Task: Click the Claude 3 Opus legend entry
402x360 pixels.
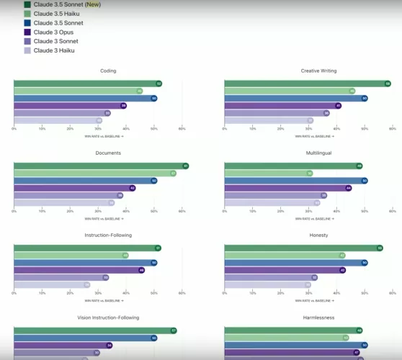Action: [53, 32]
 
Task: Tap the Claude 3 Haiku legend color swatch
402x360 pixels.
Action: [27, 50]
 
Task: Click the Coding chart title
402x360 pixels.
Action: [108, 71]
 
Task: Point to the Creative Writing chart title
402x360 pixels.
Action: [318, 71]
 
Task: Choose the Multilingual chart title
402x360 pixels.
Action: [318, 153]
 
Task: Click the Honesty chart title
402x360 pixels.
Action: [318, 235]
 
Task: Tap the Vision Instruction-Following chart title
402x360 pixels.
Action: [108, 317]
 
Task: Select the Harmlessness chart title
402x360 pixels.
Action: [318, 317]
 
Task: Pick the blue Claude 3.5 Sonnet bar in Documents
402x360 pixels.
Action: [83, 181]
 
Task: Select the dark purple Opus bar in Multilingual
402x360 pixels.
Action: [285, 188]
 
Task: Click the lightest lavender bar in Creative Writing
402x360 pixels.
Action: [267, 120]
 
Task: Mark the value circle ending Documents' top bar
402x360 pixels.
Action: [185, 166]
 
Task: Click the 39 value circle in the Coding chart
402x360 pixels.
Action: [123, 106]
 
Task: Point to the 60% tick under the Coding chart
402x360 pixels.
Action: [182, 129]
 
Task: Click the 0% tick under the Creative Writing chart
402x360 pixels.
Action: [225, 129]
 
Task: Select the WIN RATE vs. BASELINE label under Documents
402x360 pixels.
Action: [104, 217]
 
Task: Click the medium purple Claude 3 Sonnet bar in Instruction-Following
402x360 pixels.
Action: [59, 277]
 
